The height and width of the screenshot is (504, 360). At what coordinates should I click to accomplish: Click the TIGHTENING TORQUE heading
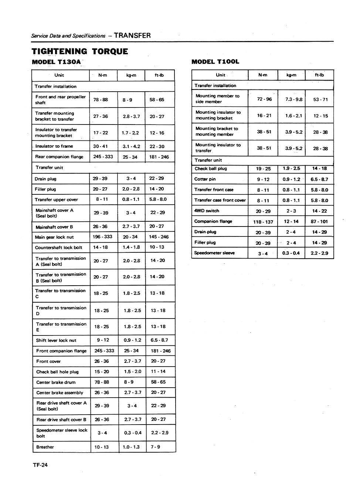point(80,51)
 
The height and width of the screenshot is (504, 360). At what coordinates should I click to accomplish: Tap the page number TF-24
point(40,465)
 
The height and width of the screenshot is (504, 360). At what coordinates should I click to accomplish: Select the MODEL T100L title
point(215,62)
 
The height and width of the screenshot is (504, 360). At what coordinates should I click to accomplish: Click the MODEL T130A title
point(56,62)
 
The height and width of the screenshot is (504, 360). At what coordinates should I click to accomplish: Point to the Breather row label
point(45,447)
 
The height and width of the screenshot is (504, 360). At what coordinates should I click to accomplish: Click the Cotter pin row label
point(205,179)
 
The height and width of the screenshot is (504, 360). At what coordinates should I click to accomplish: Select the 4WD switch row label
point(207,211)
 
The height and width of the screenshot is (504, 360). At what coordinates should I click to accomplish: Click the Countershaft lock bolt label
point(58,248)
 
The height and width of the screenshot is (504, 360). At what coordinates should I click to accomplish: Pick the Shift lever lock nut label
point(56,340)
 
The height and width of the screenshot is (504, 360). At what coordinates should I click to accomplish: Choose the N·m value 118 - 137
point(263,222)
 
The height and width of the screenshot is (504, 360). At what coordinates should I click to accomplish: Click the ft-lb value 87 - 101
point(319,222)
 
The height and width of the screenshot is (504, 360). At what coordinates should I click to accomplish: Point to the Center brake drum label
point(56,382)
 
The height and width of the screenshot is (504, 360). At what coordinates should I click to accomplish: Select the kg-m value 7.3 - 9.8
point(293,99)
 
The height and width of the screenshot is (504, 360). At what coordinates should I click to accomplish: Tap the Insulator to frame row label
point(54,146)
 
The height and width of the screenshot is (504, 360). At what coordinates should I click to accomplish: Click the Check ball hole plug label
point(57,372)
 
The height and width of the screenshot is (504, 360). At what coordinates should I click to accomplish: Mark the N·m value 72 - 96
point(264,99)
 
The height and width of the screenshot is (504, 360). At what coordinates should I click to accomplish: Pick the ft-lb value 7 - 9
point(155,447)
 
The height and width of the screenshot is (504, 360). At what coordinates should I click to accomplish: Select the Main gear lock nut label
point(54,237)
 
